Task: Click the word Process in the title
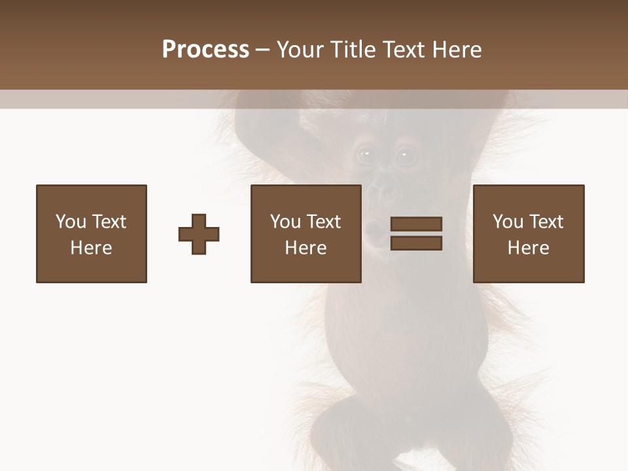click(x=205, y=50)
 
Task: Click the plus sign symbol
click(x=199, y=234)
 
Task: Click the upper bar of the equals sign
click(x=416, y=224)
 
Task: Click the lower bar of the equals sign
click(x=416, y=243)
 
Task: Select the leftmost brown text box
click(x=92, y=234)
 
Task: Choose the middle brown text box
click(x=306, y=234)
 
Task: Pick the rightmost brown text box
click(x=529, y=234)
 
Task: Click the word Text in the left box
click(x=109, y=222)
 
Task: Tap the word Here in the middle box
click(x=306, y=248)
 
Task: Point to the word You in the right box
click(x=508, y=222)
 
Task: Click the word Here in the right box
click(x=529, y=248)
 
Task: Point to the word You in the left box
click(x=71, y=222)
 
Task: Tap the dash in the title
click(x=263, y=50)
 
